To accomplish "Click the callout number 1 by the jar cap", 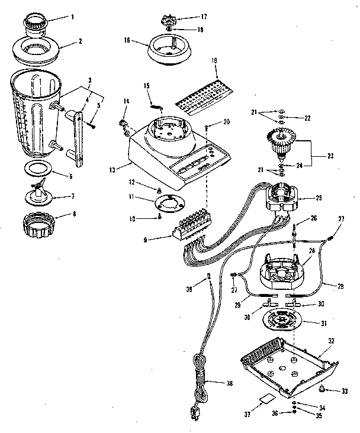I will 72,17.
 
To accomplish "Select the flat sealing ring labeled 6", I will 37,167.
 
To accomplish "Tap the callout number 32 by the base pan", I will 332,341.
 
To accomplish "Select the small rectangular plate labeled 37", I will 261,402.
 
